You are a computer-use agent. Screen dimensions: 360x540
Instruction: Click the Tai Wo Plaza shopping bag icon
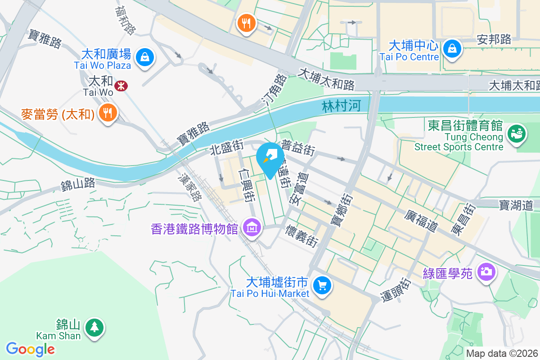pos(145,57)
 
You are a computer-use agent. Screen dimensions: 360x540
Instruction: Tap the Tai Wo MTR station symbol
pos(120,85)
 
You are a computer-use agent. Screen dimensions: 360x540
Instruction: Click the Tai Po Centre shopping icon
pos(451,49)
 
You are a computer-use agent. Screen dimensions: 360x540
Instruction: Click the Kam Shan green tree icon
pos(94,327)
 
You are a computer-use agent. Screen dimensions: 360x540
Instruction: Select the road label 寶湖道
pos(516,206)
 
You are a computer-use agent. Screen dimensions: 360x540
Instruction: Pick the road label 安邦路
pos(494,40)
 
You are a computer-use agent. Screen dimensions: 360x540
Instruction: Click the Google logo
pos(30,349)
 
